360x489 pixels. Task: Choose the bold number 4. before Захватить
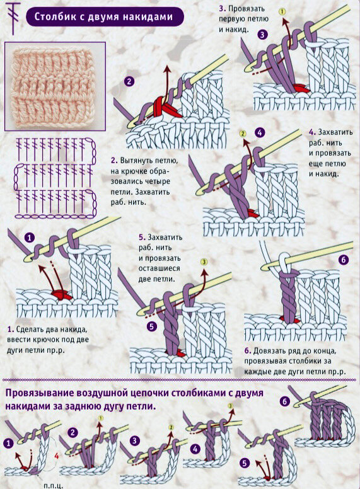coord(312,132)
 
